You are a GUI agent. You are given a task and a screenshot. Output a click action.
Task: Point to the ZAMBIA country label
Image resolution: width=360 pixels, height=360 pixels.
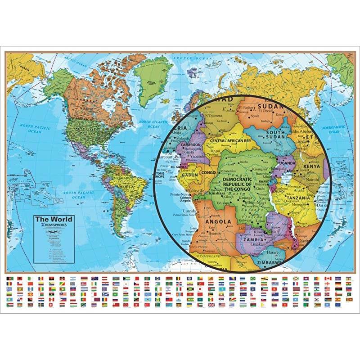coord(252,240)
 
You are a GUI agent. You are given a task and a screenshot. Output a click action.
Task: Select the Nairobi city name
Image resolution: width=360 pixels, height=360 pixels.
coord(313,179)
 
